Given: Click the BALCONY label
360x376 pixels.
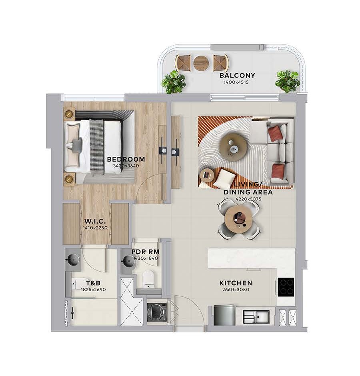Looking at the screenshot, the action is click(237, 76).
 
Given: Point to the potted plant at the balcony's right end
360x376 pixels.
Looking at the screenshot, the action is click(287, 82).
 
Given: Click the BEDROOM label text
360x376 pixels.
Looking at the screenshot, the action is click(126, 159).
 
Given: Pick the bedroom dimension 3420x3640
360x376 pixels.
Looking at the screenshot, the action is click(126, 166).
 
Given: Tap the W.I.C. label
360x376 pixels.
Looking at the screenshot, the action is click(95, 221).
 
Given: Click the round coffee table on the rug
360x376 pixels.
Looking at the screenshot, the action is click(233, 147).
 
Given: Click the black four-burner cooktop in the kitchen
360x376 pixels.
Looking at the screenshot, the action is click(286, 287).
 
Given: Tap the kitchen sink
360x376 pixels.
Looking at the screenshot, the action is click(256, 317).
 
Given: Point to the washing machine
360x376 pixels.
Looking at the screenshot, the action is click(157, 312).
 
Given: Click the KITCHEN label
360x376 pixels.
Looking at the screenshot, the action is click(236, 283).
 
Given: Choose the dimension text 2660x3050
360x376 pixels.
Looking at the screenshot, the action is click(236, 290).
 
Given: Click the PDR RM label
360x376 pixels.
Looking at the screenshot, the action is click(145, 252).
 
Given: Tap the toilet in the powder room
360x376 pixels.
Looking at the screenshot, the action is click(148, 279).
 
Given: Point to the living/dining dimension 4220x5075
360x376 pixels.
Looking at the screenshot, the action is click(248, 199).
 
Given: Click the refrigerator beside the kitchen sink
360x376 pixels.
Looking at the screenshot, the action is click(224, 315).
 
